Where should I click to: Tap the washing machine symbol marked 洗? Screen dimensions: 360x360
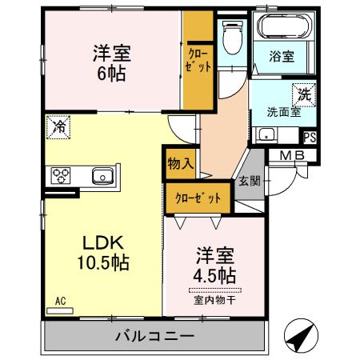[305, 94]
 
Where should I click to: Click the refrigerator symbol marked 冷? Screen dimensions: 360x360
[58, 126]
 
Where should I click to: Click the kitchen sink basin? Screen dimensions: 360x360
[102, 175]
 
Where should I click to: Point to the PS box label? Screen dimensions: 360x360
[309, 138]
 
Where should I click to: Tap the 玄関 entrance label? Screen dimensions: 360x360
[247, 181]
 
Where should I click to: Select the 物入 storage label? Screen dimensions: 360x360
[180, 163]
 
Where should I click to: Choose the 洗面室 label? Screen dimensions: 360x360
[283, 113]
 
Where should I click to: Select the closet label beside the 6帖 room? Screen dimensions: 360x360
[199, 62]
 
